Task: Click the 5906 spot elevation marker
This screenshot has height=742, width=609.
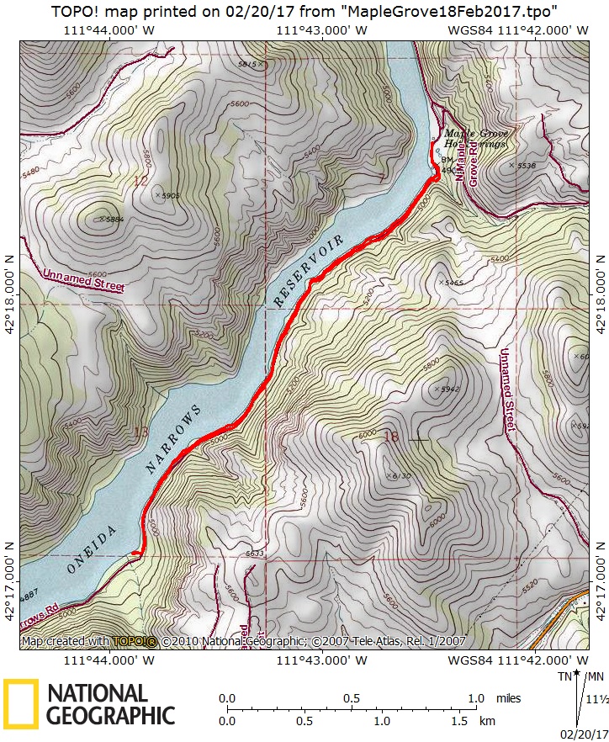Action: click(x=167, y=195)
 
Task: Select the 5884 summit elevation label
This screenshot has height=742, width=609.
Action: click(x=111, y=219)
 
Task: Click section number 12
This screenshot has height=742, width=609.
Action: click(x=140, y=180)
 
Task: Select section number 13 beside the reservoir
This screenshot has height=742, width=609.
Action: click(x=140, y=432)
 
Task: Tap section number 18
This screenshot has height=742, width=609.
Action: click(x=390, y=436)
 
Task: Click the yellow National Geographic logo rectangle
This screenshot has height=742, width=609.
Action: click(x=21, y=703)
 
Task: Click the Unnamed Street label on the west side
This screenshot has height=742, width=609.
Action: click(x=82, y=281)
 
